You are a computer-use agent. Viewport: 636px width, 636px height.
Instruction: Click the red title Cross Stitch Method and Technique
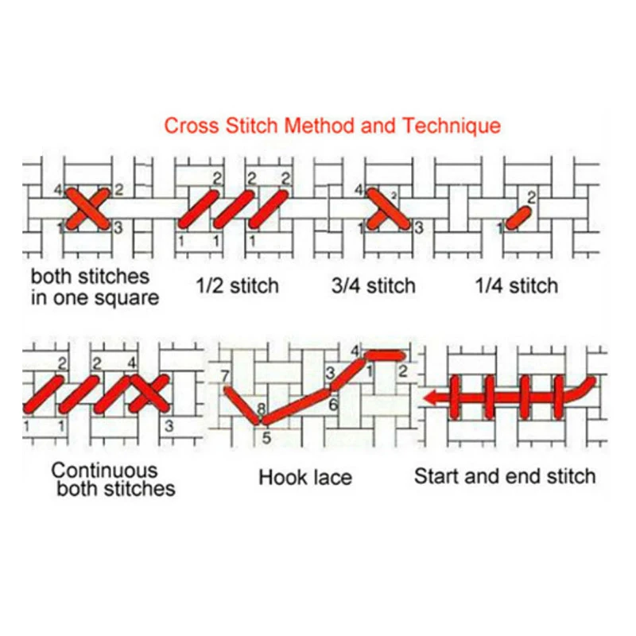332,126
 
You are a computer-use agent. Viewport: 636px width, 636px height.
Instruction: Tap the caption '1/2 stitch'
238,285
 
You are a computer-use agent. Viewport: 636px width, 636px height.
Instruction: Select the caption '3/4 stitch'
373,285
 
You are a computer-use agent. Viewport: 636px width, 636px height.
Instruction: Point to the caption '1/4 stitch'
517,285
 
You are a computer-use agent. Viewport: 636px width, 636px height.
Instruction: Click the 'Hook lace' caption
305,477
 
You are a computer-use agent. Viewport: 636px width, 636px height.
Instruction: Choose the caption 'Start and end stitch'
505,476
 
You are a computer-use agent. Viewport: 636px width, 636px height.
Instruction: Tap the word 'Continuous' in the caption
104,469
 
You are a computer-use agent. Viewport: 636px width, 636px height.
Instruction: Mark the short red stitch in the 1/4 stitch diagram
518,215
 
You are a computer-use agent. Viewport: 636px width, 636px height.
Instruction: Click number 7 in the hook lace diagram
225,375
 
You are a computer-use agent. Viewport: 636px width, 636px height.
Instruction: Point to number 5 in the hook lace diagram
266,436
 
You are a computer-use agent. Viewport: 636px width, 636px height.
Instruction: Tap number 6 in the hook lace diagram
333,404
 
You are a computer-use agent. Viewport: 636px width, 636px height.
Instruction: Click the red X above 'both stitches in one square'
87,208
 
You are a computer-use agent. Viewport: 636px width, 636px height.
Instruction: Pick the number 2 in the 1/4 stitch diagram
532,196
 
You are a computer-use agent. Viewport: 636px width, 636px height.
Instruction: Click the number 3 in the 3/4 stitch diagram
418,228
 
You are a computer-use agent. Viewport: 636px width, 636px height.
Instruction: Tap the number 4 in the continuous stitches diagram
131,364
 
